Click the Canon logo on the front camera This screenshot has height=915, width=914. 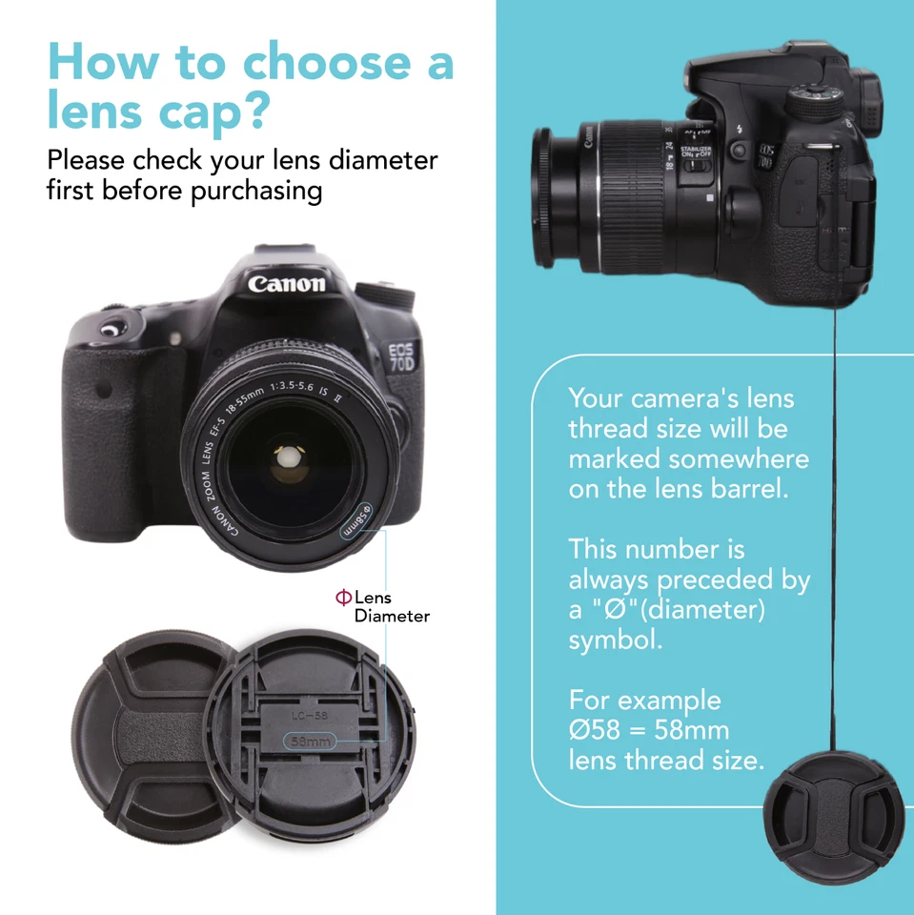[x=287, y=283]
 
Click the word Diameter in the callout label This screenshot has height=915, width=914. [x=392, y=616]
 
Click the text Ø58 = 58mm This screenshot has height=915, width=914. [x=649, y=730]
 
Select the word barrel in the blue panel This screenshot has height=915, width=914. [x=751, y=490]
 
